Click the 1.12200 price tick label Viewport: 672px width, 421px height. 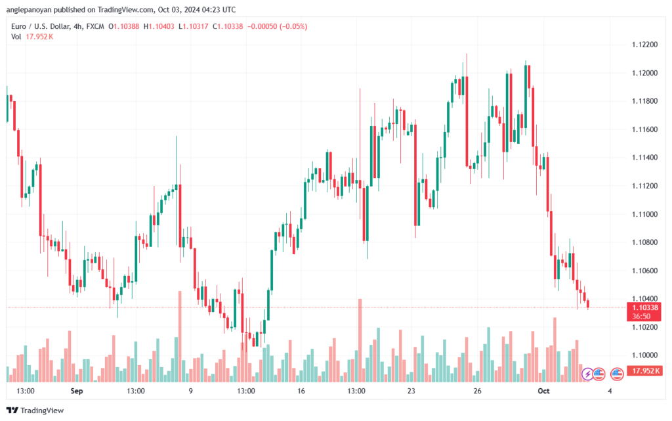pyautogui.click(x=644, y=45)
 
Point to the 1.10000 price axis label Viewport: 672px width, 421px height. pyautogui.click(x=644, y=355)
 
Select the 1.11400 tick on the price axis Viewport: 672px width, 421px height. pyautogui.click(x=644, y=158)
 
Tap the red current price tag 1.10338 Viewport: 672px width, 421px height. pyautogui.click(x=644, y=308)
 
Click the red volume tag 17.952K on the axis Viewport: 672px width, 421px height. pyautogui.click(x=644, y=370)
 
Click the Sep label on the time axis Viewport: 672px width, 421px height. pyautogui.click(x=77, y=391)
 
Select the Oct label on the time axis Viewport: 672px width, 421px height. pyautogui.click(x=543, y=391)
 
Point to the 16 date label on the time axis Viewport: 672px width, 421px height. pyautogui.click(x=301, y=391)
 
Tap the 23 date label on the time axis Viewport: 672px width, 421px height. pyautogui.click(x=411, y=391)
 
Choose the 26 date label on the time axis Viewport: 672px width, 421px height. pyautogui.click(x=478, y=391)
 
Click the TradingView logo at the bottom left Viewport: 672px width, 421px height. pyautogui.click(x=35, y=410)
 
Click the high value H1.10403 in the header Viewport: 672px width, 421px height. pyautogui.click(x=159, y=26)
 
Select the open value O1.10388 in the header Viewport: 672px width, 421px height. pyautogui.click(x=124, y=26)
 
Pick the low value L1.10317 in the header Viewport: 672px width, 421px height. pyautogui.click(x=194, y=26)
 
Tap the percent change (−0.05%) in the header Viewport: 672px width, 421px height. pyautogui.click(x=293, y=26)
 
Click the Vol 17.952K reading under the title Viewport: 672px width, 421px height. pyautogui.click(x=32, y=37)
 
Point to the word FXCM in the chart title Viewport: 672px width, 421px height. pyautogui.click(x=95, y=26)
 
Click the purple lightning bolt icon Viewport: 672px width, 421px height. pyautogui.click(x=587, y=374)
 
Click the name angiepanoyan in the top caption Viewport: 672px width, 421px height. pyautogui.click(x=29, y=10)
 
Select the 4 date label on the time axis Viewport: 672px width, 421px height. pyautogui.click(x=610, y=391)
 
